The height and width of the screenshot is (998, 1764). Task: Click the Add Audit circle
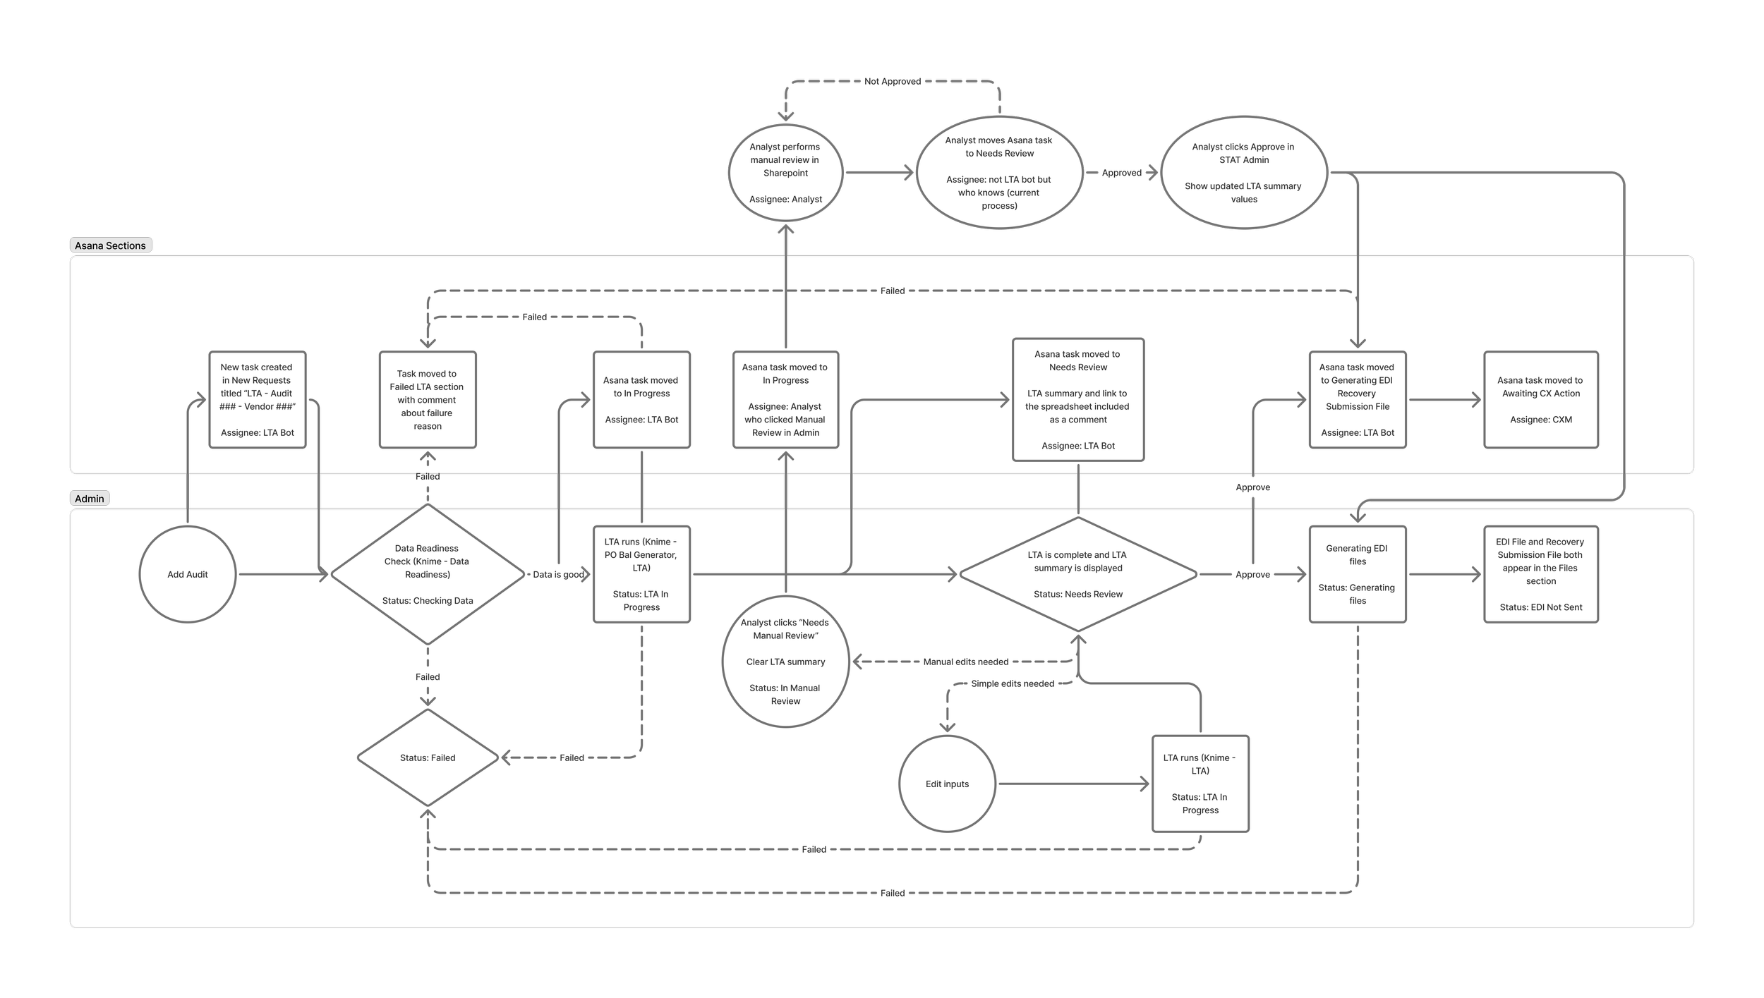coord(188,574)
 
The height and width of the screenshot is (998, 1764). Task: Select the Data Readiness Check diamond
coord(428,574)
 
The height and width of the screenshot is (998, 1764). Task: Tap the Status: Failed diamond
coord(428,757)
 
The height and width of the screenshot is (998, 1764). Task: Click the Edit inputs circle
coord(947,784)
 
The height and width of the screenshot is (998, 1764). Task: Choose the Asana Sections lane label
coord(111,245)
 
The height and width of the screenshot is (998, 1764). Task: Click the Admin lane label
coord(90,499)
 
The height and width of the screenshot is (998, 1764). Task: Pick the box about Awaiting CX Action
coord(1540,399)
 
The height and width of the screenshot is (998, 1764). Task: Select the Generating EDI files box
coord(1357,574)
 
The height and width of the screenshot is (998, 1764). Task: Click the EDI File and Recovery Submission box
coord(1540,574)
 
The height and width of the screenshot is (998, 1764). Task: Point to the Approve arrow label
coord(1252,575)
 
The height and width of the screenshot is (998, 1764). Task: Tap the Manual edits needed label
coord(965,662)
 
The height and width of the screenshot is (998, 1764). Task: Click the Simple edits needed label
coord(1012,683)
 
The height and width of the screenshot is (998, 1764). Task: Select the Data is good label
coord(558,575)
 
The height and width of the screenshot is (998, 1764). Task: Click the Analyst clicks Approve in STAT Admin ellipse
coord(1243,173)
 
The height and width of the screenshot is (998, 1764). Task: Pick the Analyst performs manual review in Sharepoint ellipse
coord(785,173)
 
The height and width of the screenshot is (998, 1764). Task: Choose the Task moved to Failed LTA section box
coord(428,399)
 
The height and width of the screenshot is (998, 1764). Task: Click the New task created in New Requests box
coord(258,399)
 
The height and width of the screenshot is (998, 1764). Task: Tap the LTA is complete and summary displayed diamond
coord(1077,574)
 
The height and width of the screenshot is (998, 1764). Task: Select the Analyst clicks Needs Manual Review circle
coord(785,662)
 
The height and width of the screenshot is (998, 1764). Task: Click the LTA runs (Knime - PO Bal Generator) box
coord(641,574)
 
